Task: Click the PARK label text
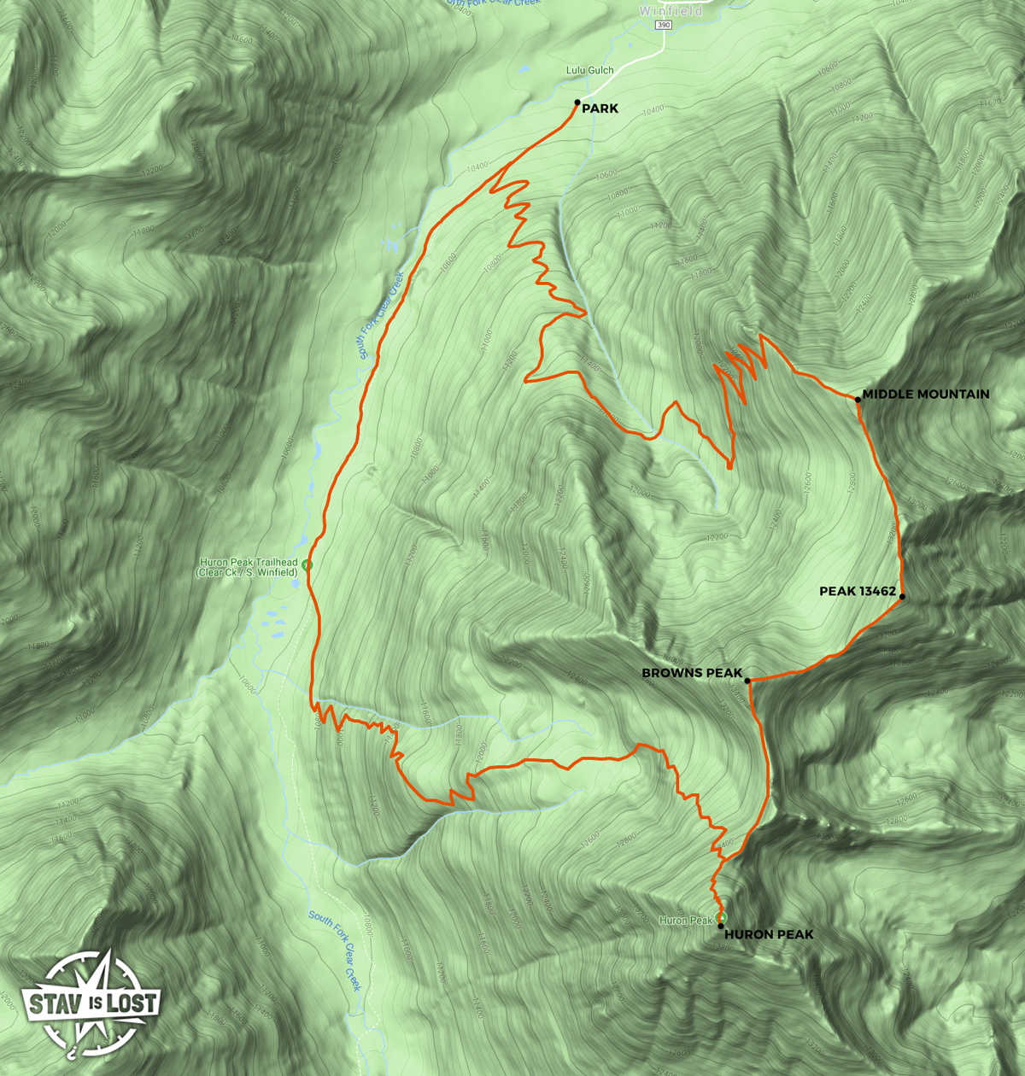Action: tap(600, 109)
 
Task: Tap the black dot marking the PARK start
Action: tap(578, 102)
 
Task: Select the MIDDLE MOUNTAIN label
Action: tap(926, 395)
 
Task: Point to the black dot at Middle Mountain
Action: tap(858, 399)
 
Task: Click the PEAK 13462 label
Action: tap(857, 591)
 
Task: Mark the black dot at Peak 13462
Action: tap(902, 597)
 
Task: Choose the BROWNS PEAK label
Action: tap(692, 673)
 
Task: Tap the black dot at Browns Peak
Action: tap(747, 681)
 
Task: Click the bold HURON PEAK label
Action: tap(769, 934)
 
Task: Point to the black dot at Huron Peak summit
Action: tap(721, 926)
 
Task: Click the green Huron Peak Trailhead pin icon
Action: tap(307, 564)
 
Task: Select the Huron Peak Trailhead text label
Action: tap(248, 568)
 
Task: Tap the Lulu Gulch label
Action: tap(589, 70)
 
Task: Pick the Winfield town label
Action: tap(671, 11)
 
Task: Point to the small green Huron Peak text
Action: tap(686, 921)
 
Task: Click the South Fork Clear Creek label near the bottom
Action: tap(336, 950)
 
